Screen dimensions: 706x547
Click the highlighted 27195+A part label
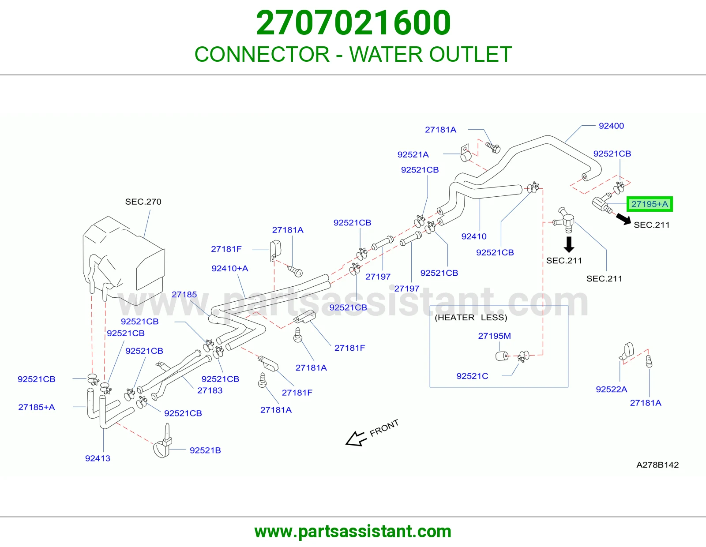tap(650, 204)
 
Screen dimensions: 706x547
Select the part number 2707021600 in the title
tap(353, 22)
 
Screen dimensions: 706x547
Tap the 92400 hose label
tap(611, 126)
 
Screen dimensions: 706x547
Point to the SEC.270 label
tap(143, 202)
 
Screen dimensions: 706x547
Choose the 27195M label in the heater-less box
tap(494, 336)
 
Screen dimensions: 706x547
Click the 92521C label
tap(472, 376)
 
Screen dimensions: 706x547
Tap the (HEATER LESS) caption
tap(471, 317)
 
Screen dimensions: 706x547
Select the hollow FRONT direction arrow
tap(356, 439)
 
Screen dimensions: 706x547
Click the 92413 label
tap(98, 458)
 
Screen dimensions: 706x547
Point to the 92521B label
tap(205, 450)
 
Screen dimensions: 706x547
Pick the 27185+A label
tap(36, 407)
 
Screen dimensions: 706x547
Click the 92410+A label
tap(230, 268)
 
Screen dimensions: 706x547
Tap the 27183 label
tap(210, 390)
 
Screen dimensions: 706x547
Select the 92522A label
tap(611, 389)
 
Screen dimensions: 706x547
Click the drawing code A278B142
tap(657, 465)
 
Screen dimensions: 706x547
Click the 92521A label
tap(413, 154)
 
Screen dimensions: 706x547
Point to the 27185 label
tap(184, 294)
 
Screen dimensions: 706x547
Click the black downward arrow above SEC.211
tap(569, 244)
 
